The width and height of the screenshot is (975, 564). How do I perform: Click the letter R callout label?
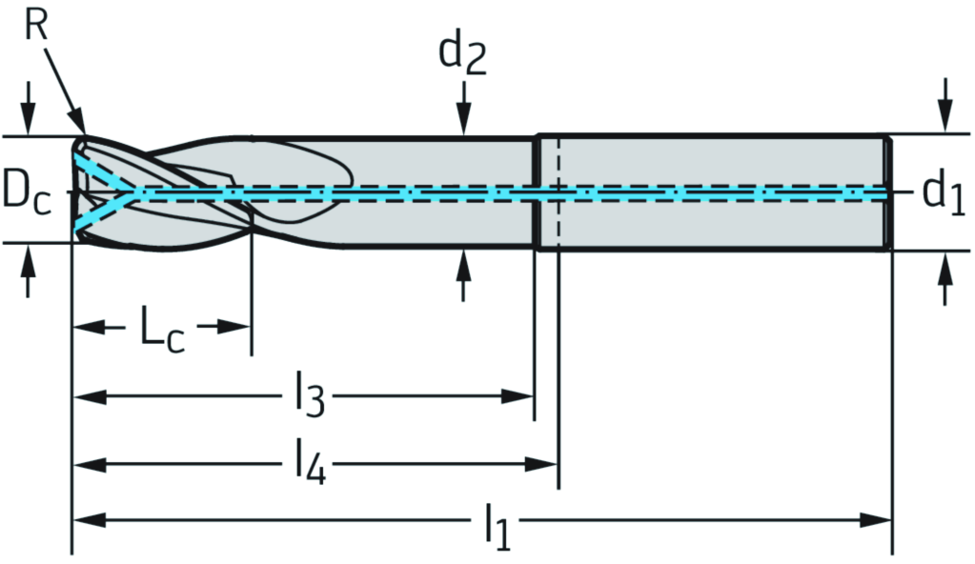(x=35, y=26)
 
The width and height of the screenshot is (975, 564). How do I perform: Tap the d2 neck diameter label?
(x=462, y=54)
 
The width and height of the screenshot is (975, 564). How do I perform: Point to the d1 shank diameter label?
(x=945, y=192)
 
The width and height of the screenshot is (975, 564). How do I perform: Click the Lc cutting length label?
(x=162, y=330)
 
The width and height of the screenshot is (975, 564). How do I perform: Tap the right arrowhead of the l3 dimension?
(x=518, y=395)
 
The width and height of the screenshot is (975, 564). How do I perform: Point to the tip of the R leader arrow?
(x=84, y=131)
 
